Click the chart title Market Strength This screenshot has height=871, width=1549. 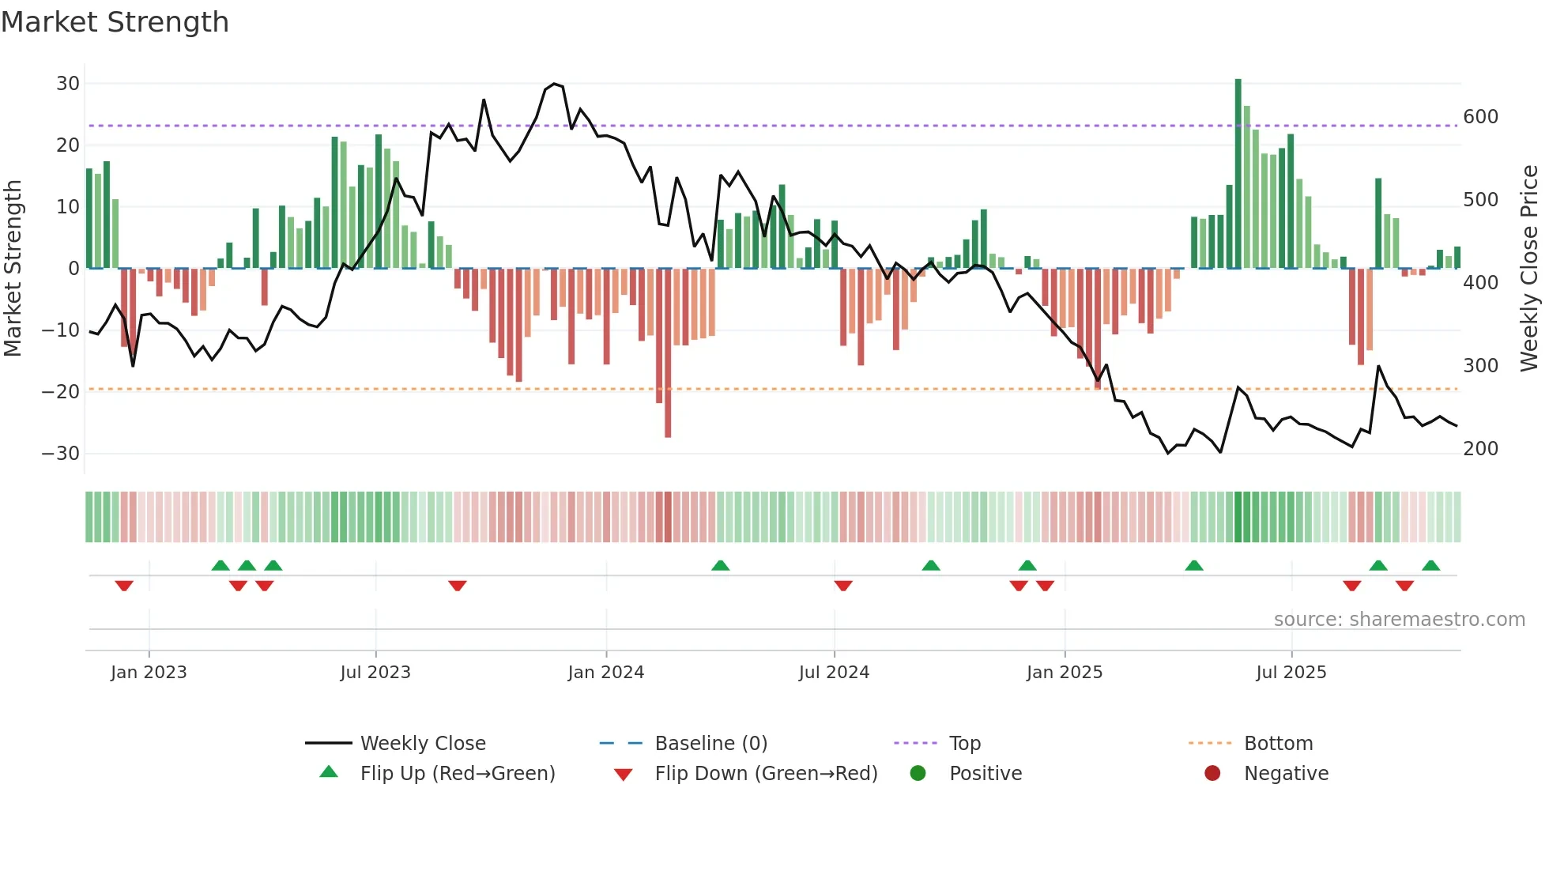(115, 22)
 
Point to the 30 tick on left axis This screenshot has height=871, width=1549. (68, 84)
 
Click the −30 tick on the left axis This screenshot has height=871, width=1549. (61, 454)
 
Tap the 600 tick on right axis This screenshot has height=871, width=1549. (1480, 117)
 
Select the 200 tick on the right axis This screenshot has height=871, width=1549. (1480, 449)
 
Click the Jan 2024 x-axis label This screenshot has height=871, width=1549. (605, 673)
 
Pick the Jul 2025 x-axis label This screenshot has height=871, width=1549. (1291, 673)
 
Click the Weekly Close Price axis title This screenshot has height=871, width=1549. (1529, 269)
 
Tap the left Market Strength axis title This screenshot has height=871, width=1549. (13, 269)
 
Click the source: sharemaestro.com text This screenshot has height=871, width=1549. (1399, 620)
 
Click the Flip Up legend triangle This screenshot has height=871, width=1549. (329, 772)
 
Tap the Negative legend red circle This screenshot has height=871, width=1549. (1212, 773)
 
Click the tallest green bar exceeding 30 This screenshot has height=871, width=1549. (1238, 174)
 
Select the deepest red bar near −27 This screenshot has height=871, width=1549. (668, 353)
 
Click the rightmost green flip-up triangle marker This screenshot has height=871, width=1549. (1430, 566)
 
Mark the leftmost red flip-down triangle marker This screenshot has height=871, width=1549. (124, 586)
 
